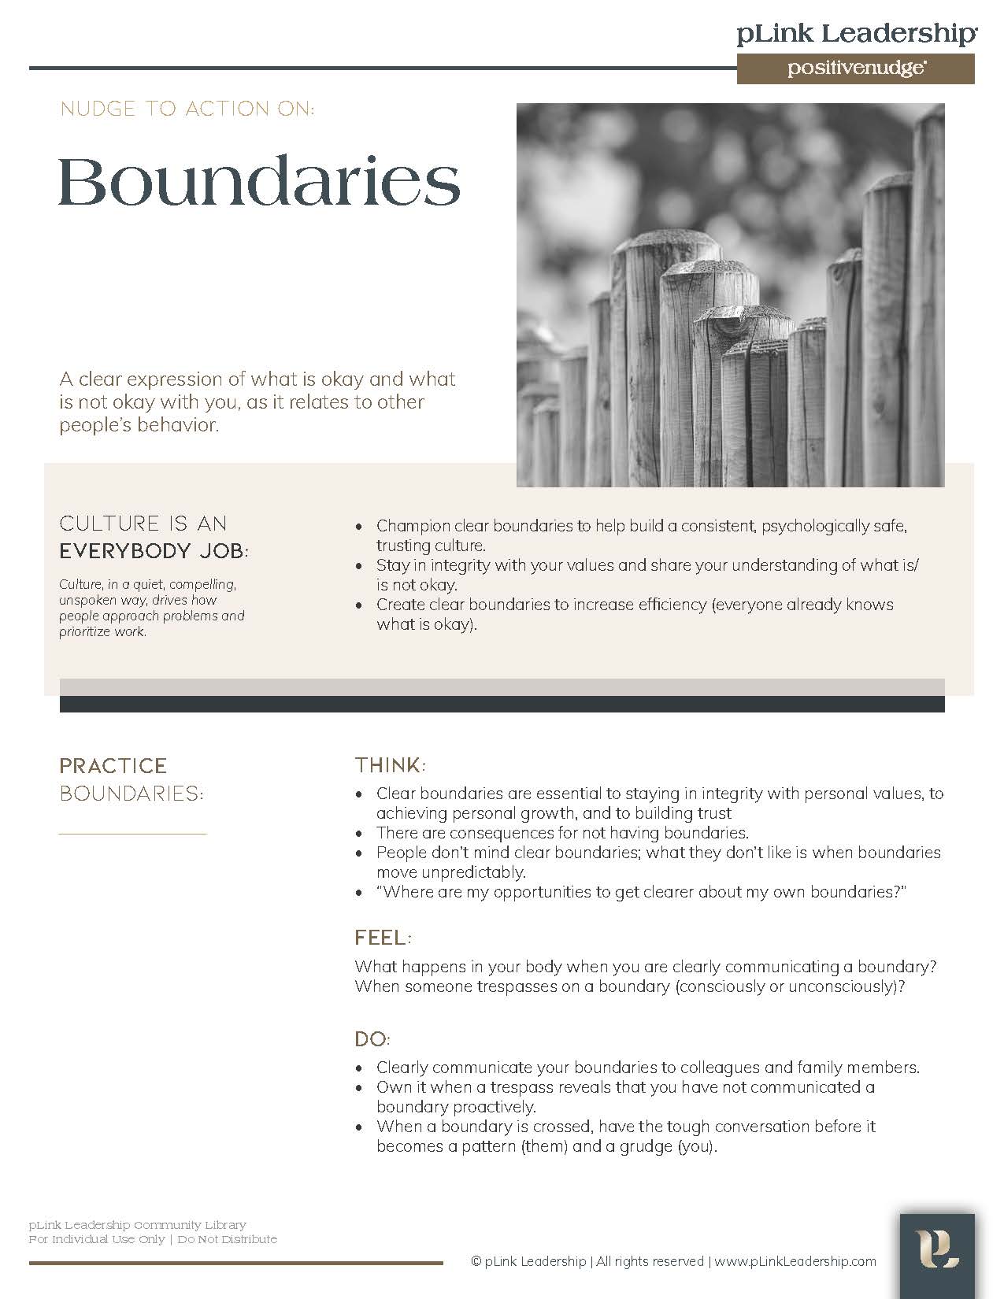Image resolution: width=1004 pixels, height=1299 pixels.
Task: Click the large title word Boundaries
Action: pos(259,182)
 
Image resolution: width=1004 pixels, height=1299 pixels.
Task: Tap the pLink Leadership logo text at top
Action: pos(857,34)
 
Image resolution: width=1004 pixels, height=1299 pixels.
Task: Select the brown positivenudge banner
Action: pos(855,68)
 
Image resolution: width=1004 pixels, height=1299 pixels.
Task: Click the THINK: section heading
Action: pos(390,765)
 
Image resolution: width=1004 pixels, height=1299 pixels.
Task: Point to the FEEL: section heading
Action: pos(383,938)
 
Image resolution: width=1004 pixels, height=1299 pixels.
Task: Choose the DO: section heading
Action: pos(372,1039)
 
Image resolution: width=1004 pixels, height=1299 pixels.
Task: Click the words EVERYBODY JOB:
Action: pos(154,551)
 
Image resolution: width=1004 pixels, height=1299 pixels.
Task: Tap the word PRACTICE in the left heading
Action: pos(113,766)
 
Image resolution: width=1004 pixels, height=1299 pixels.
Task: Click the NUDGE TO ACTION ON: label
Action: pos(187,109)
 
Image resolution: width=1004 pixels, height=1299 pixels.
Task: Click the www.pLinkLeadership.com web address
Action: pos(795,1261)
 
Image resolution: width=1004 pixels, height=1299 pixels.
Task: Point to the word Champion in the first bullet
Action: pos(413,526)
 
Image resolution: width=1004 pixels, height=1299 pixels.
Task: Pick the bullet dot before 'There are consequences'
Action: pos(360,834)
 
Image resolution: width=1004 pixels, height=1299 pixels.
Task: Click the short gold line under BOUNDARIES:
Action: pos(132,834)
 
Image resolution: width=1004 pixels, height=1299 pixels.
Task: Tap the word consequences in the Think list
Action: pos(499,833)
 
